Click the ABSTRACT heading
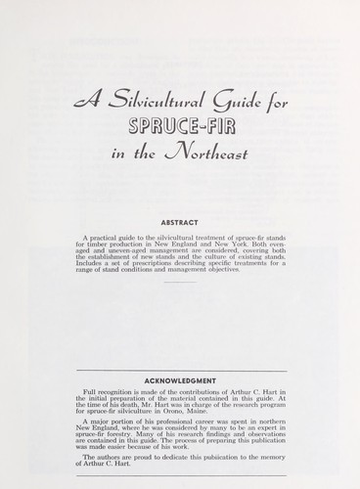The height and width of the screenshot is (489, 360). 179,220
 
